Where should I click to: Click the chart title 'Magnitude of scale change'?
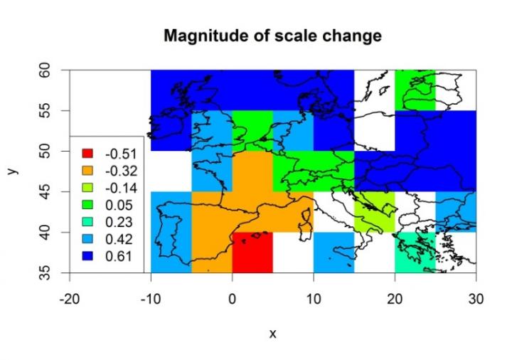click(x=272, y=36)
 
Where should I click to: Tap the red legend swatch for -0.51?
click(x=88, y=154)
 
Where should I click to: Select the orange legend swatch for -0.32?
click(x=88, y=171)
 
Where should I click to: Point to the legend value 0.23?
click(x=120, y=222)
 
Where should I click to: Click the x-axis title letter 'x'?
click(x=272, y=333)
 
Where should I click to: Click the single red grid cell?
click(x=252, y=253)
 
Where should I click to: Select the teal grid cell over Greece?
click(x=415, y=253)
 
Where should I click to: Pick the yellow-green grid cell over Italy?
click(x=374, y=211)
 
